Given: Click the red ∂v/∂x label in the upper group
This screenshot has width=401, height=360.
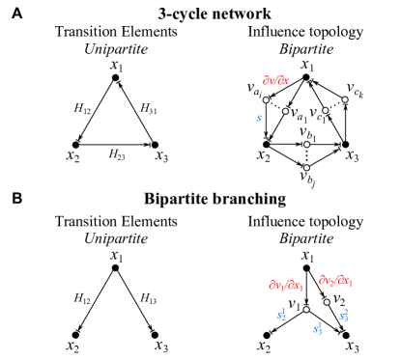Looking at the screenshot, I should coord(275,81).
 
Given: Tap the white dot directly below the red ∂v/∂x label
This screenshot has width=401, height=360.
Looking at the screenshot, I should coord(266,99).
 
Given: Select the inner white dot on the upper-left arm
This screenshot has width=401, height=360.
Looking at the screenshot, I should coord(285,111).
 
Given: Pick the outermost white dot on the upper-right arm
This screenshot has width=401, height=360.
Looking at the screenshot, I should coord(345,99).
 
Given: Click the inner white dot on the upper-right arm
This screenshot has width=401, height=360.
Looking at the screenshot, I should coord(325,110).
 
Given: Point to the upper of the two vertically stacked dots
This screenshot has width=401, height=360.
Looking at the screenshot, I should coord(306,145).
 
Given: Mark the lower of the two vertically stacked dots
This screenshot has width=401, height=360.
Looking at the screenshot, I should coord(306,168).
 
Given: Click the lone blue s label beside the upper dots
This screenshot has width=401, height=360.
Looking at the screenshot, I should coord(259,118).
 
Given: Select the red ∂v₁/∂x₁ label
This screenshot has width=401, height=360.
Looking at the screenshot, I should coord(285,286).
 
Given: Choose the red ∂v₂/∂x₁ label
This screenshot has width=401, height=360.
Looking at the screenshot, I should coord(335,280).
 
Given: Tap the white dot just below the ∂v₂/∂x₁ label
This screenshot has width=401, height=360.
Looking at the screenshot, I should coord(327,302).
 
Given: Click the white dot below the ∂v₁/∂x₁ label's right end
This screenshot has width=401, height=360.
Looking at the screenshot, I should coord(306,310).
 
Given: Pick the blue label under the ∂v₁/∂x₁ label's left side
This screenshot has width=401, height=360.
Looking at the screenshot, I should coord(281,315).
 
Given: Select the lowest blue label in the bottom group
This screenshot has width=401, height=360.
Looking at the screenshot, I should coord(317,329).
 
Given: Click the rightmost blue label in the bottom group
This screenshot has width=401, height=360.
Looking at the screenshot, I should coord(344,316).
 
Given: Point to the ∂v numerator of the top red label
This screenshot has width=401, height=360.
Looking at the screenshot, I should coord(268,81).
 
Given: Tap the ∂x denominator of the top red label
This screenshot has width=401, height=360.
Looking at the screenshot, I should coord(282,81).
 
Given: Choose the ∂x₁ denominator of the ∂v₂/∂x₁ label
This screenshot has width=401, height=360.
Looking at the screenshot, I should coord(345,281).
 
